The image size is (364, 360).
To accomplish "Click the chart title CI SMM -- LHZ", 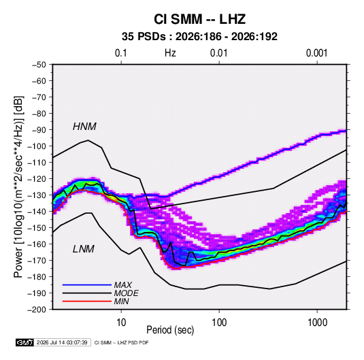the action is click(199, 19).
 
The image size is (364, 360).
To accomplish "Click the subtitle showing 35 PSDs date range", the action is click(199, 37).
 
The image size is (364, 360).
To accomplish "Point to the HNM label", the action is click(84, 127).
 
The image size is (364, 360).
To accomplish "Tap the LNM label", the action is click(84, 249).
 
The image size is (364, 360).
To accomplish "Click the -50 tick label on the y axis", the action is click(39, 65).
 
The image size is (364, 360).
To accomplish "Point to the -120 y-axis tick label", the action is click(37, 179).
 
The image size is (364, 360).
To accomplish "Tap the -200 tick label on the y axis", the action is click(37, 310).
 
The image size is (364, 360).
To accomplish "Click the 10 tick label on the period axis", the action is click(121, 323).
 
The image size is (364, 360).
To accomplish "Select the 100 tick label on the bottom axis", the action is click(219, 323).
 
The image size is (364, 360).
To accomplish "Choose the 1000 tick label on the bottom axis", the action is click(317, 323).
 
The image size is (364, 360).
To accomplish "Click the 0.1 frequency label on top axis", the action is click(121, 53).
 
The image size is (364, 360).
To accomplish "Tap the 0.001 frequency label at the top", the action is click(316, 53).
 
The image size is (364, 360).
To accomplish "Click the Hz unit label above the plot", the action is click(170, 53).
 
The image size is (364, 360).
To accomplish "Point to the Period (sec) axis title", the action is click(170, 330).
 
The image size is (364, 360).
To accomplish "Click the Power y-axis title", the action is click(18, 187).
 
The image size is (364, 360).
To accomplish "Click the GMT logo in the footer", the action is click(24, 342).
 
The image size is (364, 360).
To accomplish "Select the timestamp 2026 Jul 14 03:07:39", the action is click(62, 342).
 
